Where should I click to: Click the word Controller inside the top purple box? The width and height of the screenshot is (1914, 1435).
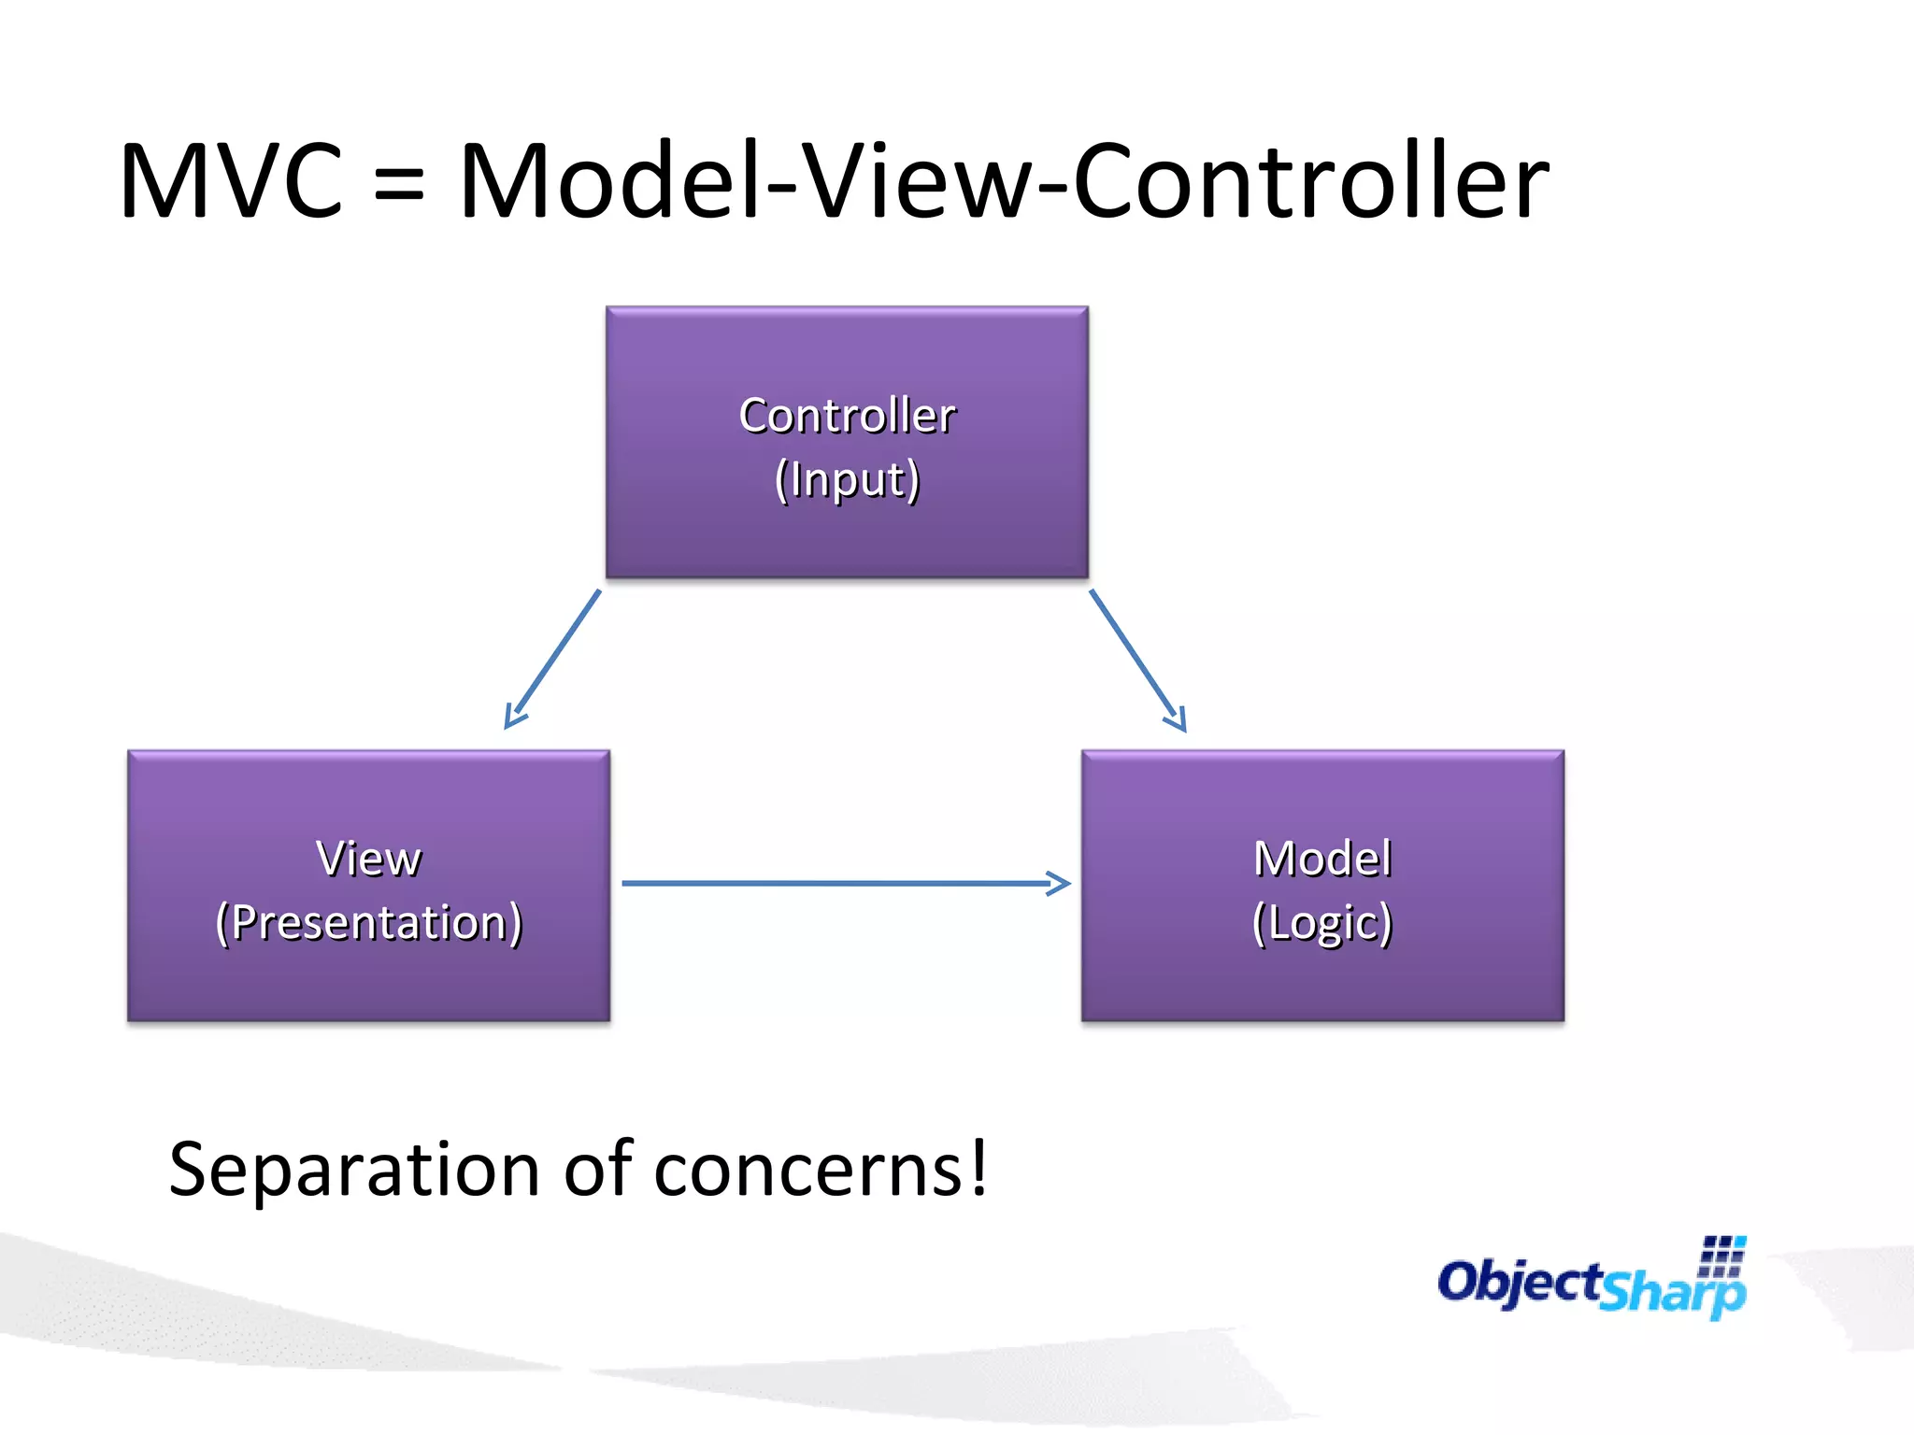pyautogui.click(x=847, y=416)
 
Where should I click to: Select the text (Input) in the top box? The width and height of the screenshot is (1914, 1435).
pyautogui.click(x=847, y=480)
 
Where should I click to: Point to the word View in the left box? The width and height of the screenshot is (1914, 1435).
pyautogui.click(x=368, y=859)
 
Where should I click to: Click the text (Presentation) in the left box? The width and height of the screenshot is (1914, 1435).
pyautogui.click(x=368, y=923)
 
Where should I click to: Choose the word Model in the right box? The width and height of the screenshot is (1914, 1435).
pyautogui.click(x=1321, y=859)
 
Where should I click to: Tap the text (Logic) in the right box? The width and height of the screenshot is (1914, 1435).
pyautogui.click(x=1321, y=923)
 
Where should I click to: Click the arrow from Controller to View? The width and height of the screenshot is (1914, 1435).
pyautogui.click(x=553, y=659)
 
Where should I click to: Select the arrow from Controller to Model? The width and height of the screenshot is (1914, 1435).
pyautogui.click(x=1136, y=659)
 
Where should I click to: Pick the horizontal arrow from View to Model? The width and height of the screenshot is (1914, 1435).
pyautogui.click(x=841, y=883)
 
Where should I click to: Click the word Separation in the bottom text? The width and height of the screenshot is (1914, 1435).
pyautogui.click(x=354, y=1171)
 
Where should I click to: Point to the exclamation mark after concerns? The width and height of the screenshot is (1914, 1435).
pyautogui.click(x=978, y=1167)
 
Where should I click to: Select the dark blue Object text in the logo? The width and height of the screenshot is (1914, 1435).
pyautogui.click(x=1519, y=1282)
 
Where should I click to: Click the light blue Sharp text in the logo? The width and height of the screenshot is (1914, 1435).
pyautogui.click(x=1673, y=1292)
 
